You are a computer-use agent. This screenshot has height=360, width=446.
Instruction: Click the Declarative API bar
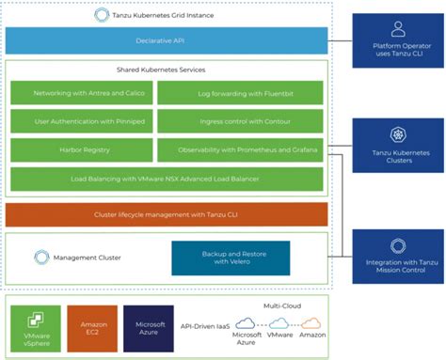tap(167, 40)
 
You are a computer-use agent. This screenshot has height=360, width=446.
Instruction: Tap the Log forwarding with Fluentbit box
tap(240, 93)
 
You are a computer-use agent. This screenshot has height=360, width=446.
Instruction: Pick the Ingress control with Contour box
tap(240, 121)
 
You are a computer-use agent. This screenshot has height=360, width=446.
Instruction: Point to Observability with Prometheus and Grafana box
tap(240, 149)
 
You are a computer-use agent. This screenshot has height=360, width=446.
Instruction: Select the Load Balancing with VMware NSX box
tap(167, 178)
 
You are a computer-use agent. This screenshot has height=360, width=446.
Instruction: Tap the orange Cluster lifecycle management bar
tap(167, 214)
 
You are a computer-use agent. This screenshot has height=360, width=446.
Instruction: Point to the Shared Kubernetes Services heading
tap(166, 70)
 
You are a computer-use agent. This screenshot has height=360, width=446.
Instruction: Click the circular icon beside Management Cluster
tap(40, 257)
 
